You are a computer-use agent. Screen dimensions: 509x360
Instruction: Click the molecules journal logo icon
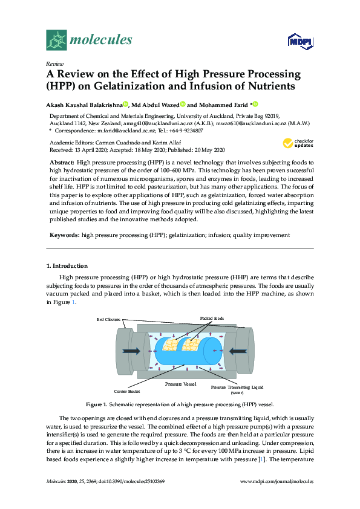pos(56,40)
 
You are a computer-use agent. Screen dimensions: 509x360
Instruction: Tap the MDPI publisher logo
pos(300,41)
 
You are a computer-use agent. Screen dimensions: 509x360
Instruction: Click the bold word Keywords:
pos(64,235)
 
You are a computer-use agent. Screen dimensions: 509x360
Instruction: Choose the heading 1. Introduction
pos(67,266)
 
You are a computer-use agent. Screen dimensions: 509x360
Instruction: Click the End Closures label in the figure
pos(109,319)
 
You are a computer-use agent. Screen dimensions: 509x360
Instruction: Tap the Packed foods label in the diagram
pos(212,318)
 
